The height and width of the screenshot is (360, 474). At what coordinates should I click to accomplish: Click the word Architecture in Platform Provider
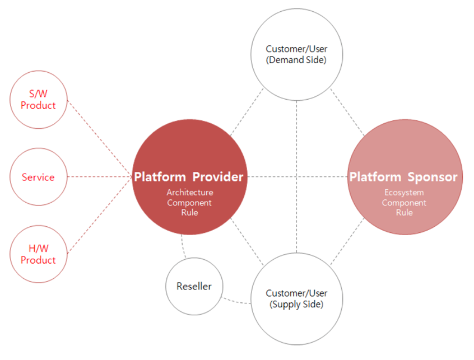click(190, 193)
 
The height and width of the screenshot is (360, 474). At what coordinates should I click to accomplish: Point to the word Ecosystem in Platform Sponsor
click(404, 193)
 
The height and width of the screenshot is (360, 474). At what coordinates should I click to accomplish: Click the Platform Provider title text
click(189, 177)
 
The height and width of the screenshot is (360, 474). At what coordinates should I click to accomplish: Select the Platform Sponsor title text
click(403, 177)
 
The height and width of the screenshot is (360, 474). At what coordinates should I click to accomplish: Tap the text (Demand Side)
click(296, 60)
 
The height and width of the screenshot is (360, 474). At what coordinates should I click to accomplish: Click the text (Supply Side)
click(296, 304)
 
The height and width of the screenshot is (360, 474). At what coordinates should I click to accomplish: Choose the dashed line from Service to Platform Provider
click(100, 177)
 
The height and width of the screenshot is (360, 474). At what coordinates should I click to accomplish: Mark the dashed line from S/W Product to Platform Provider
click(100, 138)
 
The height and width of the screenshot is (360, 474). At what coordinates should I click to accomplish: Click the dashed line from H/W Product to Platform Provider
click(100, 215)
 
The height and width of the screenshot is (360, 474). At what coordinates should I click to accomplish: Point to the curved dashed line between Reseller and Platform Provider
click(182, 246)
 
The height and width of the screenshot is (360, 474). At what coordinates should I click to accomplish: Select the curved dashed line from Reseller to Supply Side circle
click(236, 302)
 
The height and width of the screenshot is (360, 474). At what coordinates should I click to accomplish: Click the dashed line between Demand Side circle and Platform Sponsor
click(347, 112)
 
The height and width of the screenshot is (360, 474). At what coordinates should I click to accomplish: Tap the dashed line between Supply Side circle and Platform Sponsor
click(347, 241)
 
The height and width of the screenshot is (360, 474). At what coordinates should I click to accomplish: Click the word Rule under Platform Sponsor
click(404, 212)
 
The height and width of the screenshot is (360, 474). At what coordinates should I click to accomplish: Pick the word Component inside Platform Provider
click(189, 203)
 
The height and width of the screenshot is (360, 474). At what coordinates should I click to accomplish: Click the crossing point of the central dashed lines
click(296, 177)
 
